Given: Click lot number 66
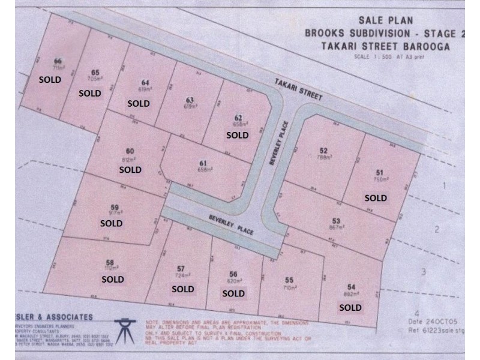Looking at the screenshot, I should (58, 61).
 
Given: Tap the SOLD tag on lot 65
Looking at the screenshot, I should (90, 93).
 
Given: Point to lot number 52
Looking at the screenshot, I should (324, 151).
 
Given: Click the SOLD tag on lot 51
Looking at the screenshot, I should (376, 197).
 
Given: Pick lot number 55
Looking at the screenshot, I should (289, 280).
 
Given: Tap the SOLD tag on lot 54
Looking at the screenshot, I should (350, 308).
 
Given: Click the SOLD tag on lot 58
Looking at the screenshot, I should (113, 279).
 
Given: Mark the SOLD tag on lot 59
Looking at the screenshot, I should (111, 223).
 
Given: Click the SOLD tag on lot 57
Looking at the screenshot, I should (183, 289).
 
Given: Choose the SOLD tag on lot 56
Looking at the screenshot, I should (233, 293).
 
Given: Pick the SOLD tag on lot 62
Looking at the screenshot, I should (237, 135).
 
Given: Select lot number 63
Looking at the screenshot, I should (190, 100).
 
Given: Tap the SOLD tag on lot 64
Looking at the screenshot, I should (139, 103).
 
